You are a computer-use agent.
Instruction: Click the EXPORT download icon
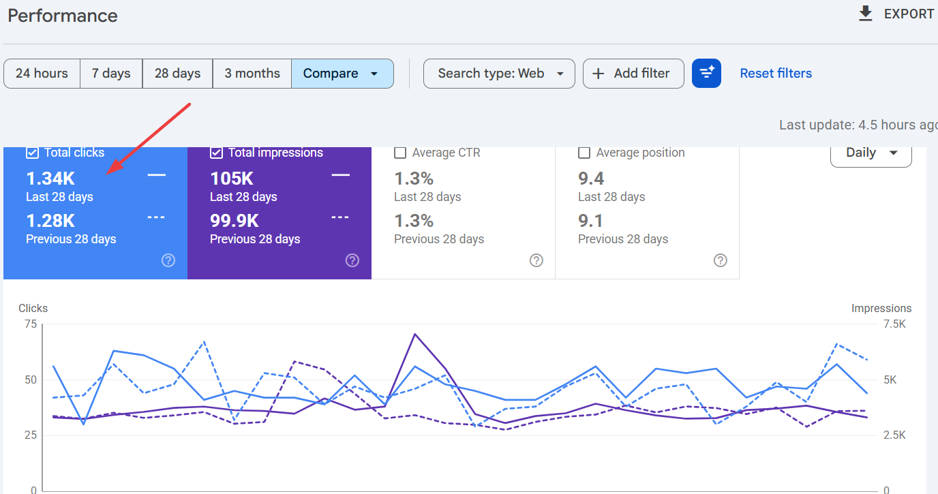[865, 14]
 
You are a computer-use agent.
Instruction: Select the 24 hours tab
[42, 74]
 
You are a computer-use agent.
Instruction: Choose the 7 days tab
[111, 74]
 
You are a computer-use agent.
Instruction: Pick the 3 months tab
[252, 74]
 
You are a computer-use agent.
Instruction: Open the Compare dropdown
[342, 74]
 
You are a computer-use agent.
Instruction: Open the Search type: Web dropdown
[499, 74]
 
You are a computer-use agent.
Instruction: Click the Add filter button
[633, 74]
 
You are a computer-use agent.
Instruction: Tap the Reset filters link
[776, 74]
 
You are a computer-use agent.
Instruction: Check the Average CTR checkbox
[400, 153]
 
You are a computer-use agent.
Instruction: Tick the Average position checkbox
[584, 153]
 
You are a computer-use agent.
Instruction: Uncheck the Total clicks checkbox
[32, 153]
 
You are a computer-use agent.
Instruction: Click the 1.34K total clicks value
[50, 179]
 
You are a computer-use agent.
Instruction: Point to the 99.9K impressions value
[234, 221]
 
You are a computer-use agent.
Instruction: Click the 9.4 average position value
[591, 179]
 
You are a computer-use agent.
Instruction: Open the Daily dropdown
[871, 153]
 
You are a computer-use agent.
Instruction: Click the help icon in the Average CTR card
[536, 260]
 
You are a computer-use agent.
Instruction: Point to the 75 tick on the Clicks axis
[31, 324]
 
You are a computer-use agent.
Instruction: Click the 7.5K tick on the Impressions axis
[894, 324]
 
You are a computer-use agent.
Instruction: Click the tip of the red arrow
[108, 174]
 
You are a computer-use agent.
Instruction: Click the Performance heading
[63, 16]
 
